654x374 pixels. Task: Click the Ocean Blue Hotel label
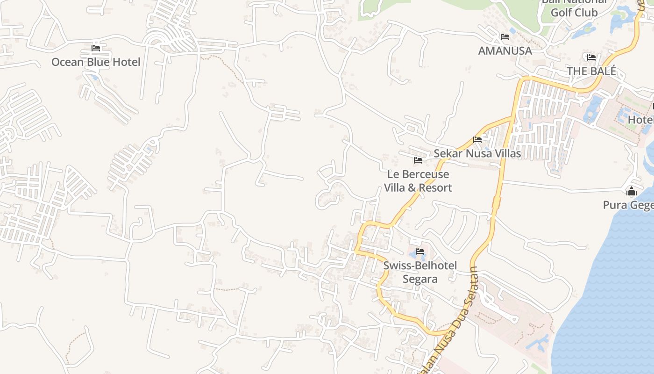[96, 62]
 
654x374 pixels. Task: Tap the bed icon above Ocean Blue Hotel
[96, 48]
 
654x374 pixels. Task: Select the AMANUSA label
[505, 50]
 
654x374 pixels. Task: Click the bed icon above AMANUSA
[505, 36]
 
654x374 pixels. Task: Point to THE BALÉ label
[591, 71]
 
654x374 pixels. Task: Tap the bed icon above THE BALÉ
[591, 58]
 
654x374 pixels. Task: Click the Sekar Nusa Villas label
[477, 153]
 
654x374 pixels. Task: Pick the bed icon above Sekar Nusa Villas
[477, 139]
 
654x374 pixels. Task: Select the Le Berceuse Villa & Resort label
[418, 181]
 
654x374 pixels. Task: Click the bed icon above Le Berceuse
[418, 160]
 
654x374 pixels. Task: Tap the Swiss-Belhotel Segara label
[420, 272]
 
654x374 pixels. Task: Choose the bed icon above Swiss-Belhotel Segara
[420, 252]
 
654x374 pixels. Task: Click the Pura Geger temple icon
[632, 191]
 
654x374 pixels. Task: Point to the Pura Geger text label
[628, 205]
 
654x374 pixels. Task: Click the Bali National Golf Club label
[574, 7]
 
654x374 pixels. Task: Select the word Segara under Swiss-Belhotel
[420, 279]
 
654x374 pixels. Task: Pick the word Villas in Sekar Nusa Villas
[506, 153]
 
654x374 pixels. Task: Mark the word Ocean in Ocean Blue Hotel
[67, 62]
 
